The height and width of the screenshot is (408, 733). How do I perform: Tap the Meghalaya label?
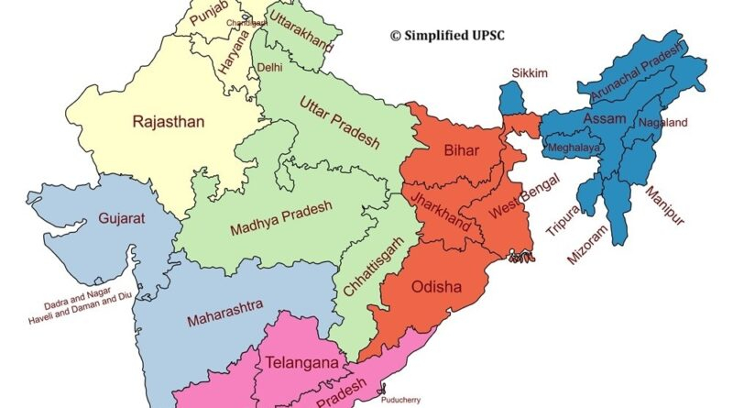pyautogui.click(x=574, y=146)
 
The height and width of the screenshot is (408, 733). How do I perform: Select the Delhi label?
pyautogui.click(x=269, y=68)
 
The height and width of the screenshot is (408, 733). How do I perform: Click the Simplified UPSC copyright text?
pyautogui.click(x=449, y=35)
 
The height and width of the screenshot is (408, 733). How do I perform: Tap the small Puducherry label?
pyautogui.click(x=405, y=400)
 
